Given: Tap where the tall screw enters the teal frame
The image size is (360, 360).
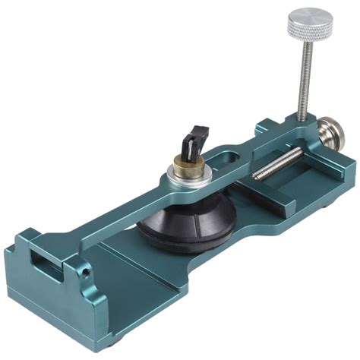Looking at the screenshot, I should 302,119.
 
